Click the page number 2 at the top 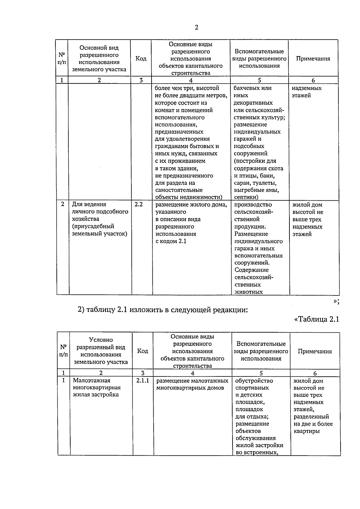[196, 28]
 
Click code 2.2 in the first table [139, 205]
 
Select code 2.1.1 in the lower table [142, 381]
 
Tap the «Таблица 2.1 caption [317, 319]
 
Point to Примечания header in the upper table [313, 59]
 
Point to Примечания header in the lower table [315, 352]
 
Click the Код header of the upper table [141, 58]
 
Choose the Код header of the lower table [142, 351]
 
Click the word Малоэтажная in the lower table [91, 381]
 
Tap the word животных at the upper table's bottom [249, 292]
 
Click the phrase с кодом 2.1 [171, 241]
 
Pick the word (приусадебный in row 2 [93, 226]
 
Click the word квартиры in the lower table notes [306, 431]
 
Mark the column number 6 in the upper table [313, 80]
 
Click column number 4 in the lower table [192, 373]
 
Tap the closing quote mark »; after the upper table [336, 302]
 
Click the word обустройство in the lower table [254, 381]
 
